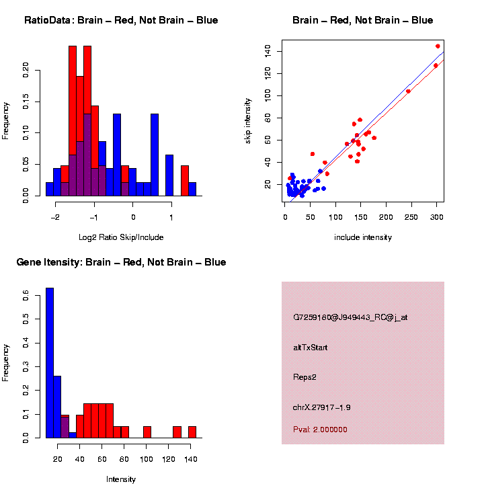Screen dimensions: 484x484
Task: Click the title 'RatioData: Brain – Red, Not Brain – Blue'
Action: (121, 20)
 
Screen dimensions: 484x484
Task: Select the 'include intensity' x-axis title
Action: (362, 237)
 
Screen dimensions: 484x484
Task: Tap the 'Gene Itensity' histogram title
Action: (121, 262)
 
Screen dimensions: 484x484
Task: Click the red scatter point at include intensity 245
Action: (408, 91)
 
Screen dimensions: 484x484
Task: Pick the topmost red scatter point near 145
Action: (438, 46)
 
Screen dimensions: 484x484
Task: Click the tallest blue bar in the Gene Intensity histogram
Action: (49, 363)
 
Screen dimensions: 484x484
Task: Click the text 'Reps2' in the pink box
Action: (305, 377)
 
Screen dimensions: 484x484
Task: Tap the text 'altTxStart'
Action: (311, 348)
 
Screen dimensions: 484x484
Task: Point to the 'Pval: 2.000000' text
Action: (320, 430)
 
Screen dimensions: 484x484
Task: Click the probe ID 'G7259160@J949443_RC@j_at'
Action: (350, 317)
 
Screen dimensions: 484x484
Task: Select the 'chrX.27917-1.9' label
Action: (321, 407)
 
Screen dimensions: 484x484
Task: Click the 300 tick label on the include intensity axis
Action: (436, 216)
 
